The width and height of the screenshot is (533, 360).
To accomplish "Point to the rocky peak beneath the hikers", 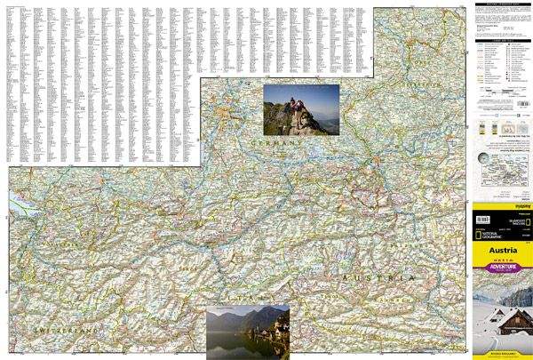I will (x=302, y=124).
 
